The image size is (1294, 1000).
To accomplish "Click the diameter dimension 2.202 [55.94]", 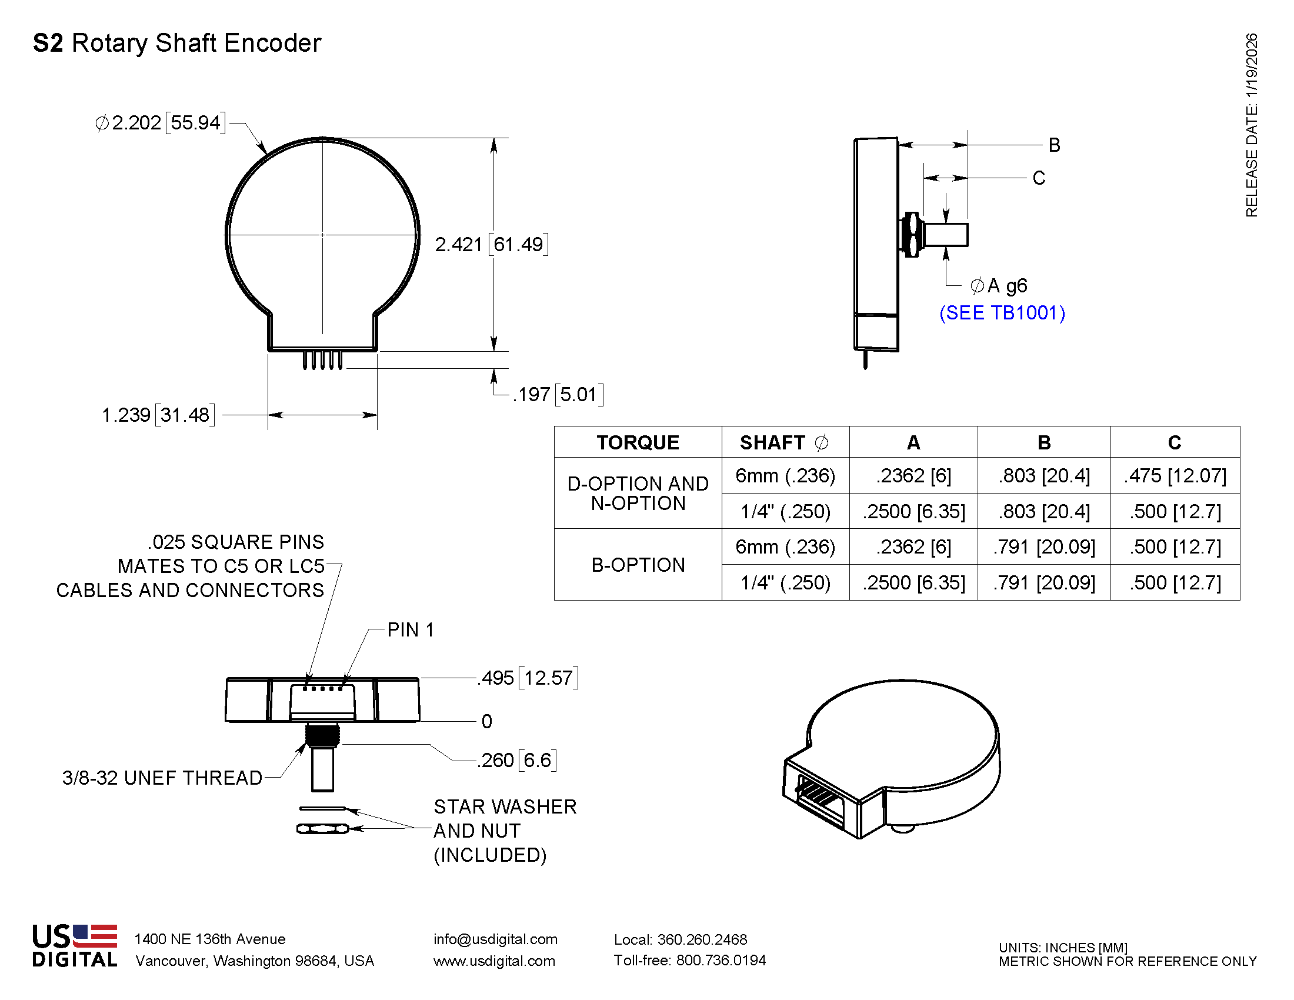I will tap(160, 122).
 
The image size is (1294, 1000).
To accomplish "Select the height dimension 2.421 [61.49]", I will tap(491, 244).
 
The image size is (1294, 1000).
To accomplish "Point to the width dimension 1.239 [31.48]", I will tap(158, 415).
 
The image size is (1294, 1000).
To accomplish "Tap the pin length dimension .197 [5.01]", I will tap(558, 394).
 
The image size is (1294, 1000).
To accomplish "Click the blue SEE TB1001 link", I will tap(1002, 312).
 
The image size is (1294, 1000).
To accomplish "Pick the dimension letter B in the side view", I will tap(1054, 145).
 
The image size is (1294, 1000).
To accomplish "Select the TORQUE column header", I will tap(638, 442).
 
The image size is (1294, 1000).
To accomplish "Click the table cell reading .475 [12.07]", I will tap(1175, 476).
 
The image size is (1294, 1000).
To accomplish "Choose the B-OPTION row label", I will tap(638, 565).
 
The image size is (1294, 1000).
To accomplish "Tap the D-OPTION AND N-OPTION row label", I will tap(638, 493).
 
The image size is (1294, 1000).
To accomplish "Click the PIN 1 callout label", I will tap(410, 630).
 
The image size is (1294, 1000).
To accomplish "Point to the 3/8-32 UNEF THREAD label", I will tap(162, 778).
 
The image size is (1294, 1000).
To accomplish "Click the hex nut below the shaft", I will tap(323, 829).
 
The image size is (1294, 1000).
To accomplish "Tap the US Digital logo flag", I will tap(95, 936).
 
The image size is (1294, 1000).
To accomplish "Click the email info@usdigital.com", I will tap(495, 939).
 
